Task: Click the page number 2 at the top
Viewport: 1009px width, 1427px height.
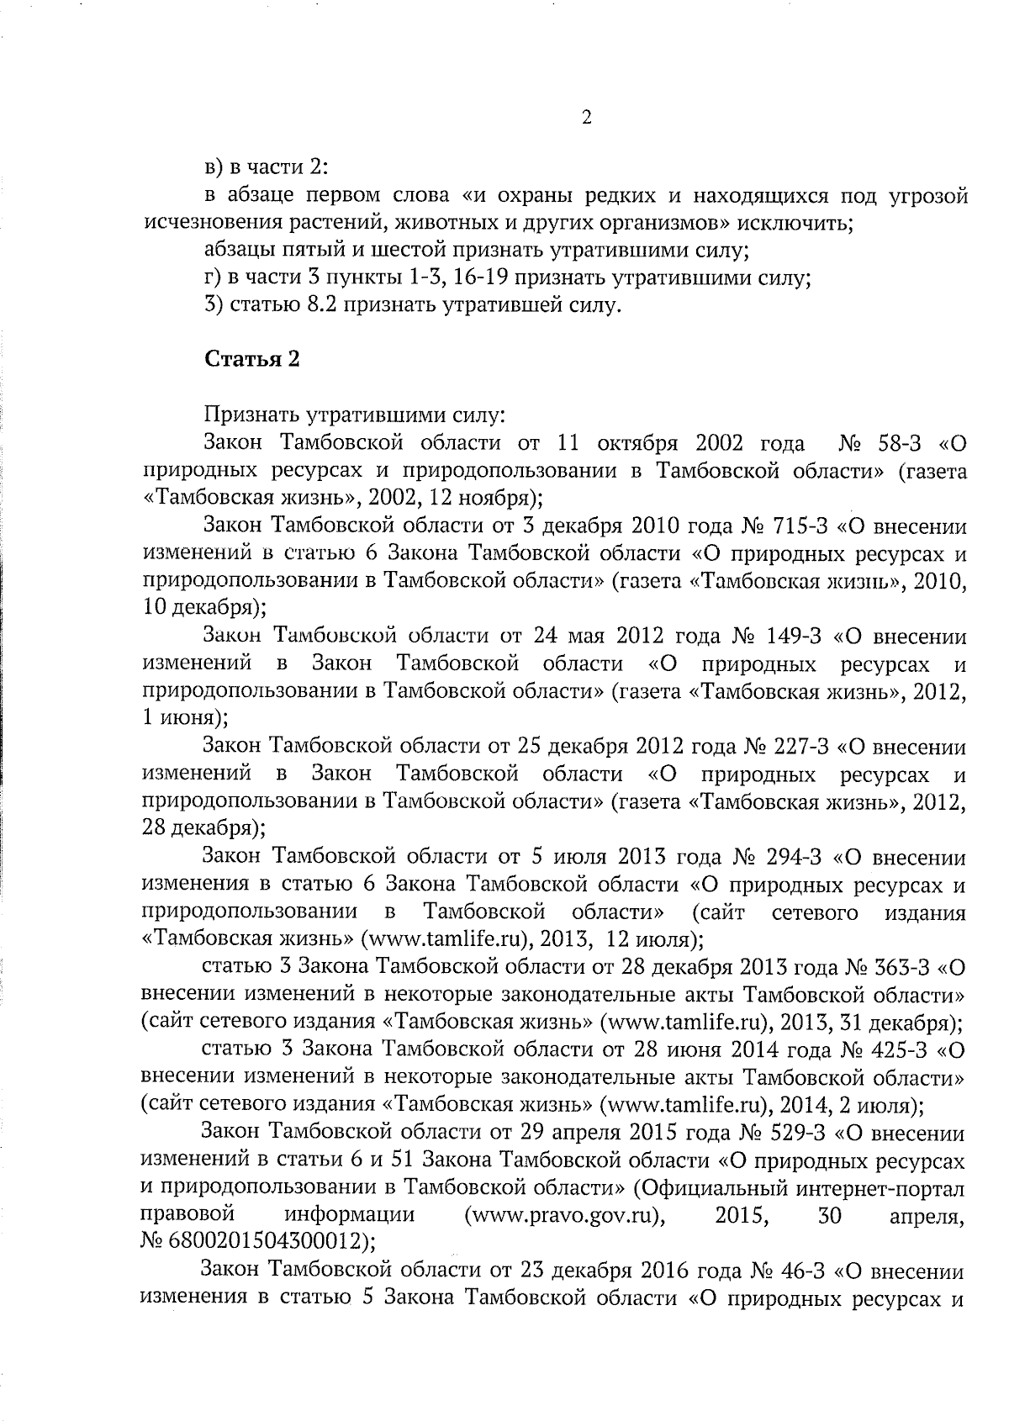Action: point(587,119)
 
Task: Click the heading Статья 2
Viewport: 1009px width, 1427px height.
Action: point(252,359)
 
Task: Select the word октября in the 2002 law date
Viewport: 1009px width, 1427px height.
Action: point(638,443)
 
